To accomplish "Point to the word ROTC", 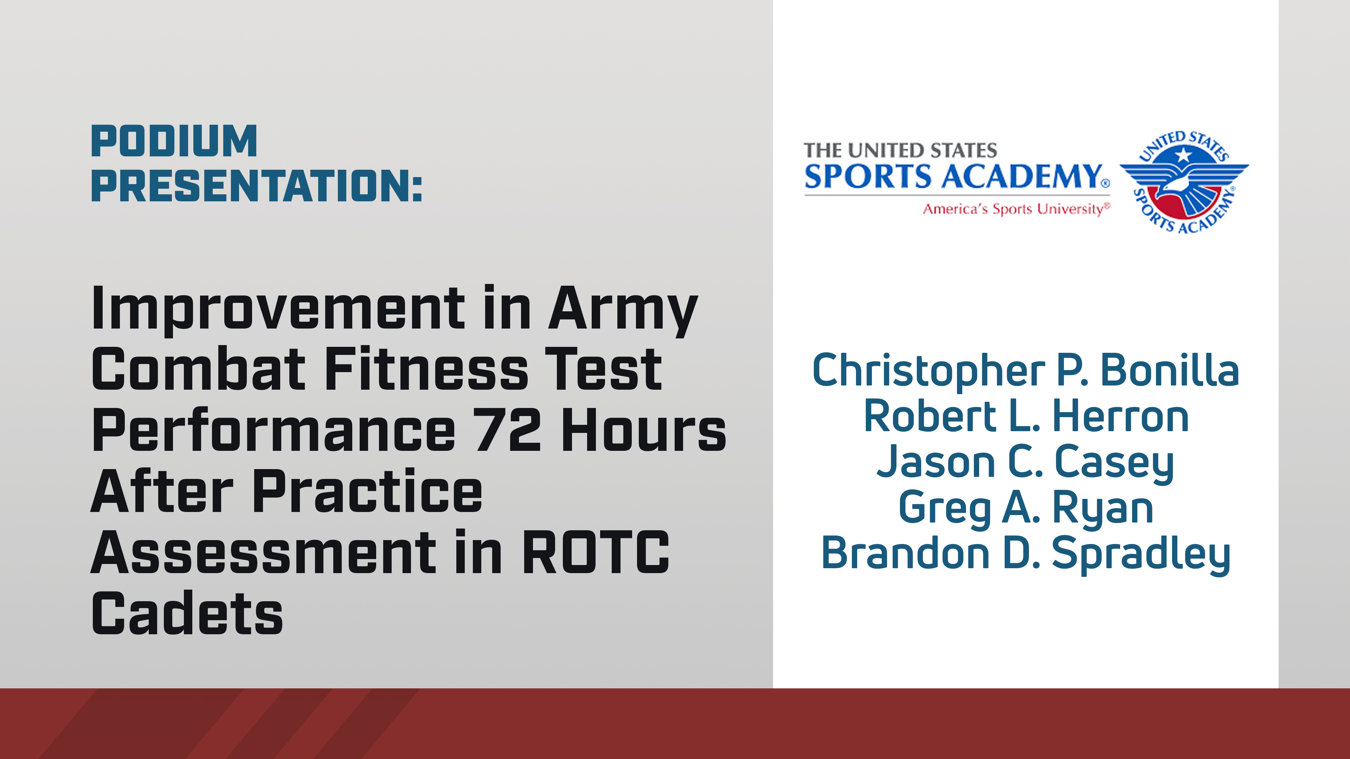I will (596, 553).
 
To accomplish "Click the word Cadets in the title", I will (187, 614).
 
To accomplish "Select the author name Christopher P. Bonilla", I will (1026, 371).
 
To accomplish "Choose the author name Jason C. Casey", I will (1026, 462).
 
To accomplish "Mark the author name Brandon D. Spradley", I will (1026, 554).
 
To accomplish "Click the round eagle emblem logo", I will (1184, 182).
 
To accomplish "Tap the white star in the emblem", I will (1183, 155).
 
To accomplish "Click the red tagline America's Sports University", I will (1016, 209).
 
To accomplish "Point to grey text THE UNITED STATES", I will (900, 150).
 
